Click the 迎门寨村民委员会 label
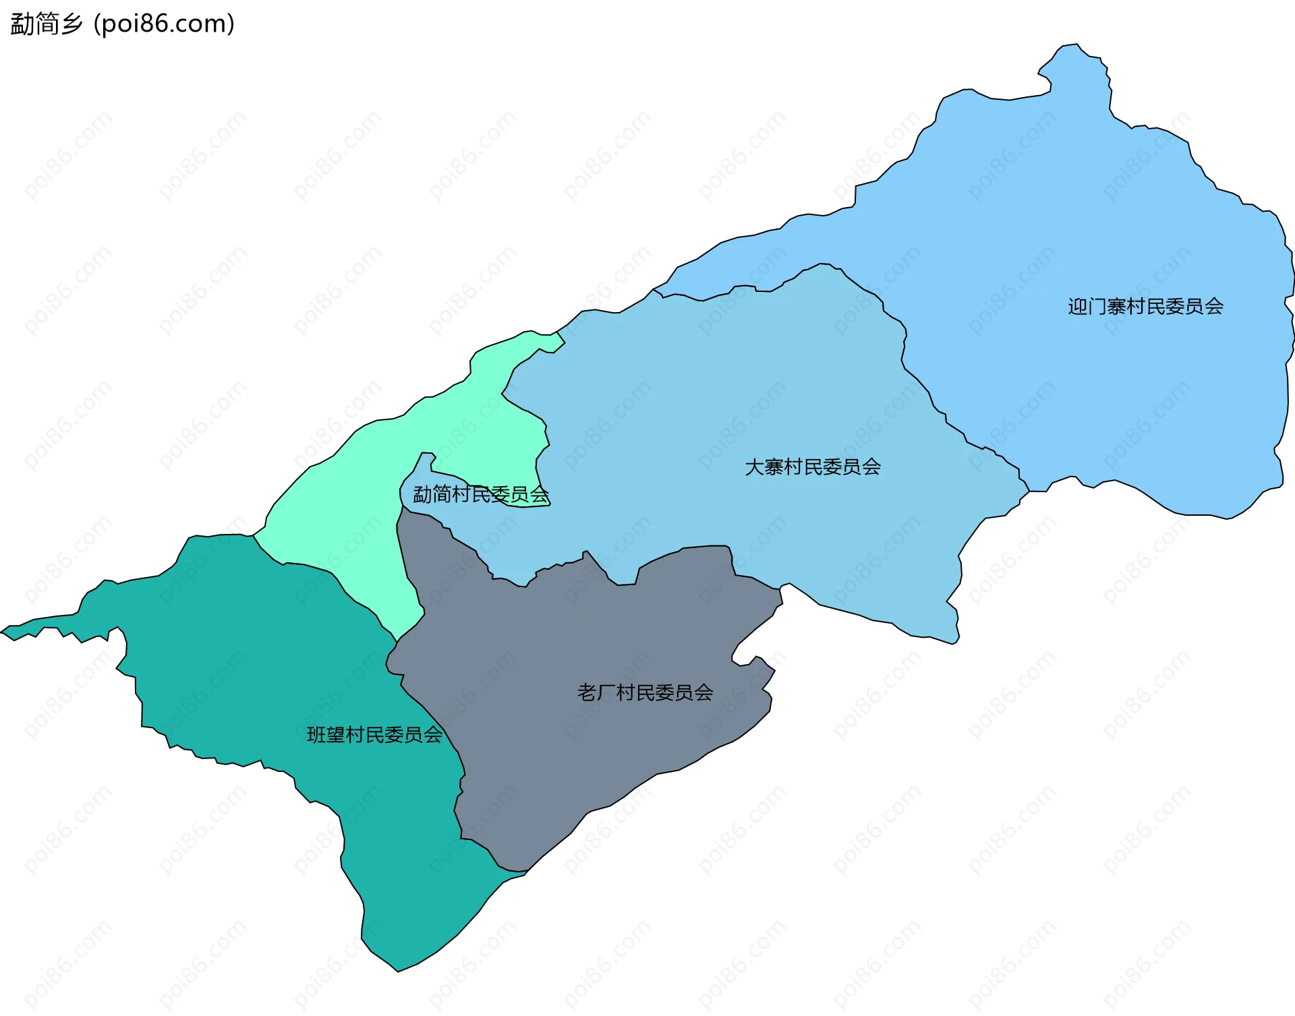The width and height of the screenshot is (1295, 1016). click(x=1145, y=307)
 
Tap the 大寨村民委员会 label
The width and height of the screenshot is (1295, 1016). click(x=813, y=467)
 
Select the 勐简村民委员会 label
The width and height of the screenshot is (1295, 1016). click(x=481, y=495)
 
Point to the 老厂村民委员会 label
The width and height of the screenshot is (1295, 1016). click(x=645, y=692)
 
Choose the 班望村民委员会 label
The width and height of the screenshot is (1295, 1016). click(x=374, y=734)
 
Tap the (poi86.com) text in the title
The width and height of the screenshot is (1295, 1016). click(x=164, y=24)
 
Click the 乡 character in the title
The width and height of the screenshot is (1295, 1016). click(x=71, y=24)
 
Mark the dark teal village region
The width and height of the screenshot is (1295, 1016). click(x=270, y=674)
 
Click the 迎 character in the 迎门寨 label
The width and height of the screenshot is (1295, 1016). click(x=1078, y=307)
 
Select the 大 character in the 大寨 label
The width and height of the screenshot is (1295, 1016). click(x=754, y=467)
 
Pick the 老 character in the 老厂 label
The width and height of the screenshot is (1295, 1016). click(x=587, y=692)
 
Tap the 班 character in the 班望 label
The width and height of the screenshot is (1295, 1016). click(x=316, y=734)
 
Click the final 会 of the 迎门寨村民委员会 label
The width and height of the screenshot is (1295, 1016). click(x=1214, y=307)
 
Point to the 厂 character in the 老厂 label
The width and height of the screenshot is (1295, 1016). click(x=606, y=692)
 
